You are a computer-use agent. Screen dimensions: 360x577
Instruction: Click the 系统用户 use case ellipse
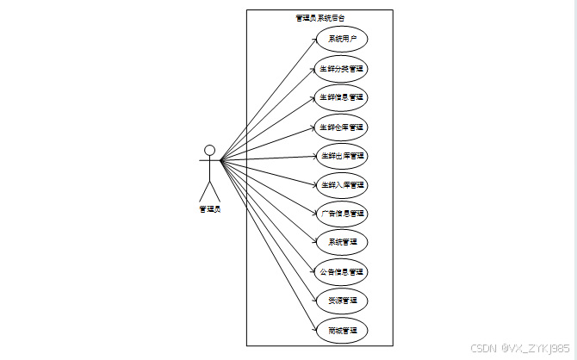[342, 39]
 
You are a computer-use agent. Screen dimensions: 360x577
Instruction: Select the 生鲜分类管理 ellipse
[342, 68]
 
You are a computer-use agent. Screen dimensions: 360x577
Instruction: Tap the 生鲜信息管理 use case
[342, 97]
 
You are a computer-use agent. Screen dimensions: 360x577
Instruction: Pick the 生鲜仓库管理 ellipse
[342, 127]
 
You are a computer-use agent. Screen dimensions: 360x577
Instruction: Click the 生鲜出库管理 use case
[342, 156]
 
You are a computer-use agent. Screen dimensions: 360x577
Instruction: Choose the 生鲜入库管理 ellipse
[342, 185]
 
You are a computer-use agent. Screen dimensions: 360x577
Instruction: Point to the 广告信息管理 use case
[342, 213]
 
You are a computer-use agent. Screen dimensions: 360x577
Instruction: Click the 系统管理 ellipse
[342, 242]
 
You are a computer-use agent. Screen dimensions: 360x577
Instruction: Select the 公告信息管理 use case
[342, 271]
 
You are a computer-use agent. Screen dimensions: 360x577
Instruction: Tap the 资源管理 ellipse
[342, 301]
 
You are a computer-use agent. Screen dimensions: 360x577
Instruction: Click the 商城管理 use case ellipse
[342, 330]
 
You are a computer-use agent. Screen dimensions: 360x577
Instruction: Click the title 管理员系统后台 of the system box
[320, 17]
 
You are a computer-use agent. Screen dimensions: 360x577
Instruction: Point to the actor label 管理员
[209, 208]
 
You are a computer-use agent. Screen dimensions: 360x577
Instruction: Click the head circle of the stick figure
[209, 150]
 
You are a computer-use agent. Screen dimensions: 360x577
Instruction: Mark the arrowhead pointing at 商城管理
[313, 327]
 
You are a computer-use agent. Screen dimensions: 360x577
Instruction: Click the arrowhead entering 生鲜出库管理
[313, 157]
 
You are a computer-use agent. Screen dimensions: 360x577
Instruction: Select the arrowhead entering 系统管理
[313, 241]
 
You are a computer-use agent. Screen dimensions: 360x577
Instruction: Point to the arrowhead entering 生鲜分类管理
[313, 70]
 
